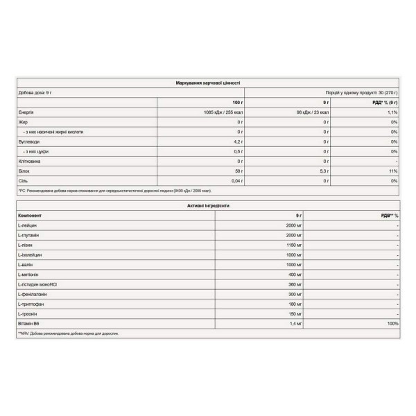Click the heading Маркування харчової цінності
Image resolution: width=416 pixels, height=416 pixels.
click(x=208, y=82)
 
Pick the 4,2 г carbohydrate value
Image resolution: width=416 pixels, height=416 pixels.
click(x=238, y=141)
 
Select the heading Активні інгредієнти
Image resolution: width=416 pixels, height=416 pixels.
click(x=208, y=206)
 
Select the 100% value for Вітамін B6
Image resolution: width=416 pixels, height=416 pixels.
click(x=392, y=324)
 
